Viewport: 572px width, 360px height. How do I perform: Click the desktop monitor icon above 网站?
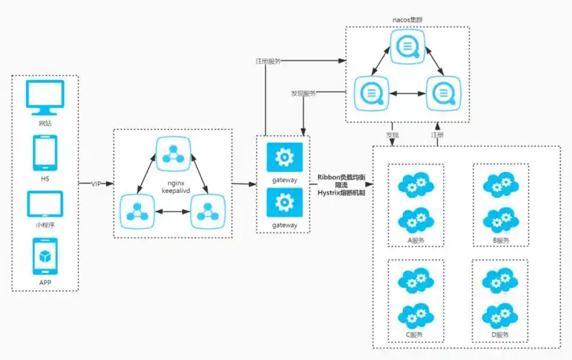[x=45, y=97]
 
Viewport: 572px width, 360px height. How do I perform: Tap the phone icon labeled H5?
[x=45, y=153]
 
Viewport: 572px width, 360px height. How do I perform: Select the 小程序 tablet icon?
[x=45, y=204]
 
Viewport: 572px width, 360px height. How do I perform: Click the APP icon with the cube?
[x=45, y=256]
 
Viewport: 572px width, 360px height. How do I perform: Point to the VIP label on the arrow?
[x=96, y=184]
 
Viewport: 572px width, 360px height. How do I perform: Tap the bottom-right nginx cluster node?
[x=207, y=211]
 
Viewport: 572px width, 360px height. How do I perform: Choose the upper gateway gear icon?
[x=284, y=156]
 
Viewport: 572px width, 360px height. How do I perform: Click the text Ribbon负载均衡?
[x=342, y=176]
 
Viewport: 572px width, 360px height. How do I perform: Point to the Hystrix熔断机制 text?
[x=342, y=193]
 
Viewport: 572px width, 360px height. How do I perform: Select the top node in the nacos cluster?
[x=408, y=48]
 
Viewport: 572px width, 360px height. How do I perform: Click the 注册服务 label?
[x=268, y=60]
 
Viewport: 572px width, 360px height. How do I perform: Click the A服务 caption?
[x=415, y=240]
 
